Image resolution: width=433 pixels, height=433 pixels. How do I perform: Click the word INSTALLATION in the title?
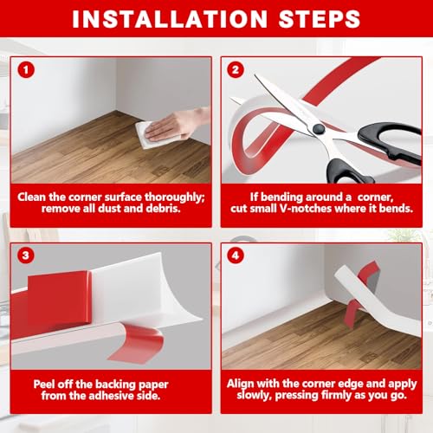tap(170, 19)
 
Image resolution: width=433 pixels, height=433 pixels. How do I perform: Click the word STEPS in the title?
tap(320, 19)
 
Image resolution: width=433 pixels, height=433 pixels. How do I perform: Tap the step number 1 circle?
tap(26, 70)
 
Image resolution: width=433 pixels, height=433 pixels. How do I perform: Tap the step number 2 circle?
tap(236, 70)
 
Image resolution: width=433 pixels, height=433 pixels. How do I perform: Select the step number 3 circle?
tap(26, 255)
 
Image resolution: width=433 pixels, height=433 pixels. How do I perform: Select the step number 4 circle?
tap(236, 255)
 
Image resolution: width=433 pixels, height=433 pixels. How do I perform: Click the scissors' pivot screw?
tap(319, 129)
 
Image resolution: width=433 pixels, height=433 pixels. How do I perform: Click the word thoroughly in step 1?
tap(174, 197)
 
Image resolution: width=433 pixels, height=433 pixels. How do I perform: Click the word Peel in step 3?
tap(43, 385)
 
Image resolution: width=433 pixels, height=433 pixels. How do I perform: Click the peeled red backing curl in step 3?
tap(137, 344)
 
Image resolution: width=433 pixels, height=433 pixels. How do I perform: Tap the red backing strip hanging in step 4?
tap(352, 313)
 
